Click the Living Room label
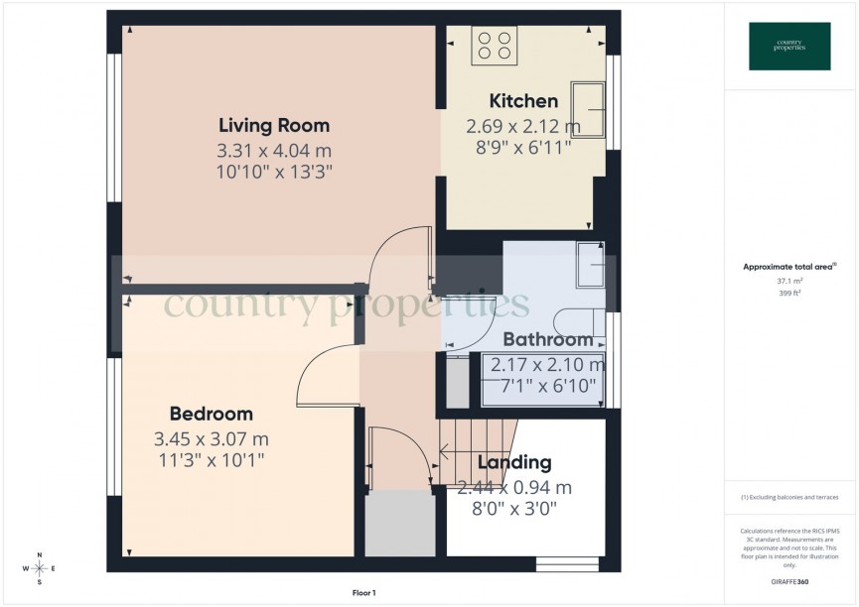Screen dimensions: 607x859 (x=274, y=126)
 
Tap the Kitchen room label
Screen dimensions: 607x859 (x=523, y=101)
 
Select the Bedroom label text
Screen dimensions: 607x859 (x=211, y=414)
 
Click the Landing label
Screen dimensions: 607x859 (x=514, y=462)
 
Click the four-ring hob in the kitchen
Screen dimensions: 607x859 (x=494, y=46)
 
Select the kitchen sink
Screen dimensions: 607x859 (x=593, y=109)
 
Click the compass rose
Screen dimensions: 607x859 (x=39, y=568)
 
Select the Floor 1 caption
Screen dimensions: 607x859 (x=364, y=593)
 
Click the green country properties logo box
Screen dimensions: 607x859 (x=789, y=47)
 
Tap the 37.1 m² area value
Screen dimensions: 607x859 (x=789, y=281)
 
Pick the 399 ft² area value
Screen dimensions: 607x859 (x=789, y=294)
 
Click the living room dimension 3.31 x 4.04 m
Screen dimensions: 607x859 (x=274, y=151)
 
